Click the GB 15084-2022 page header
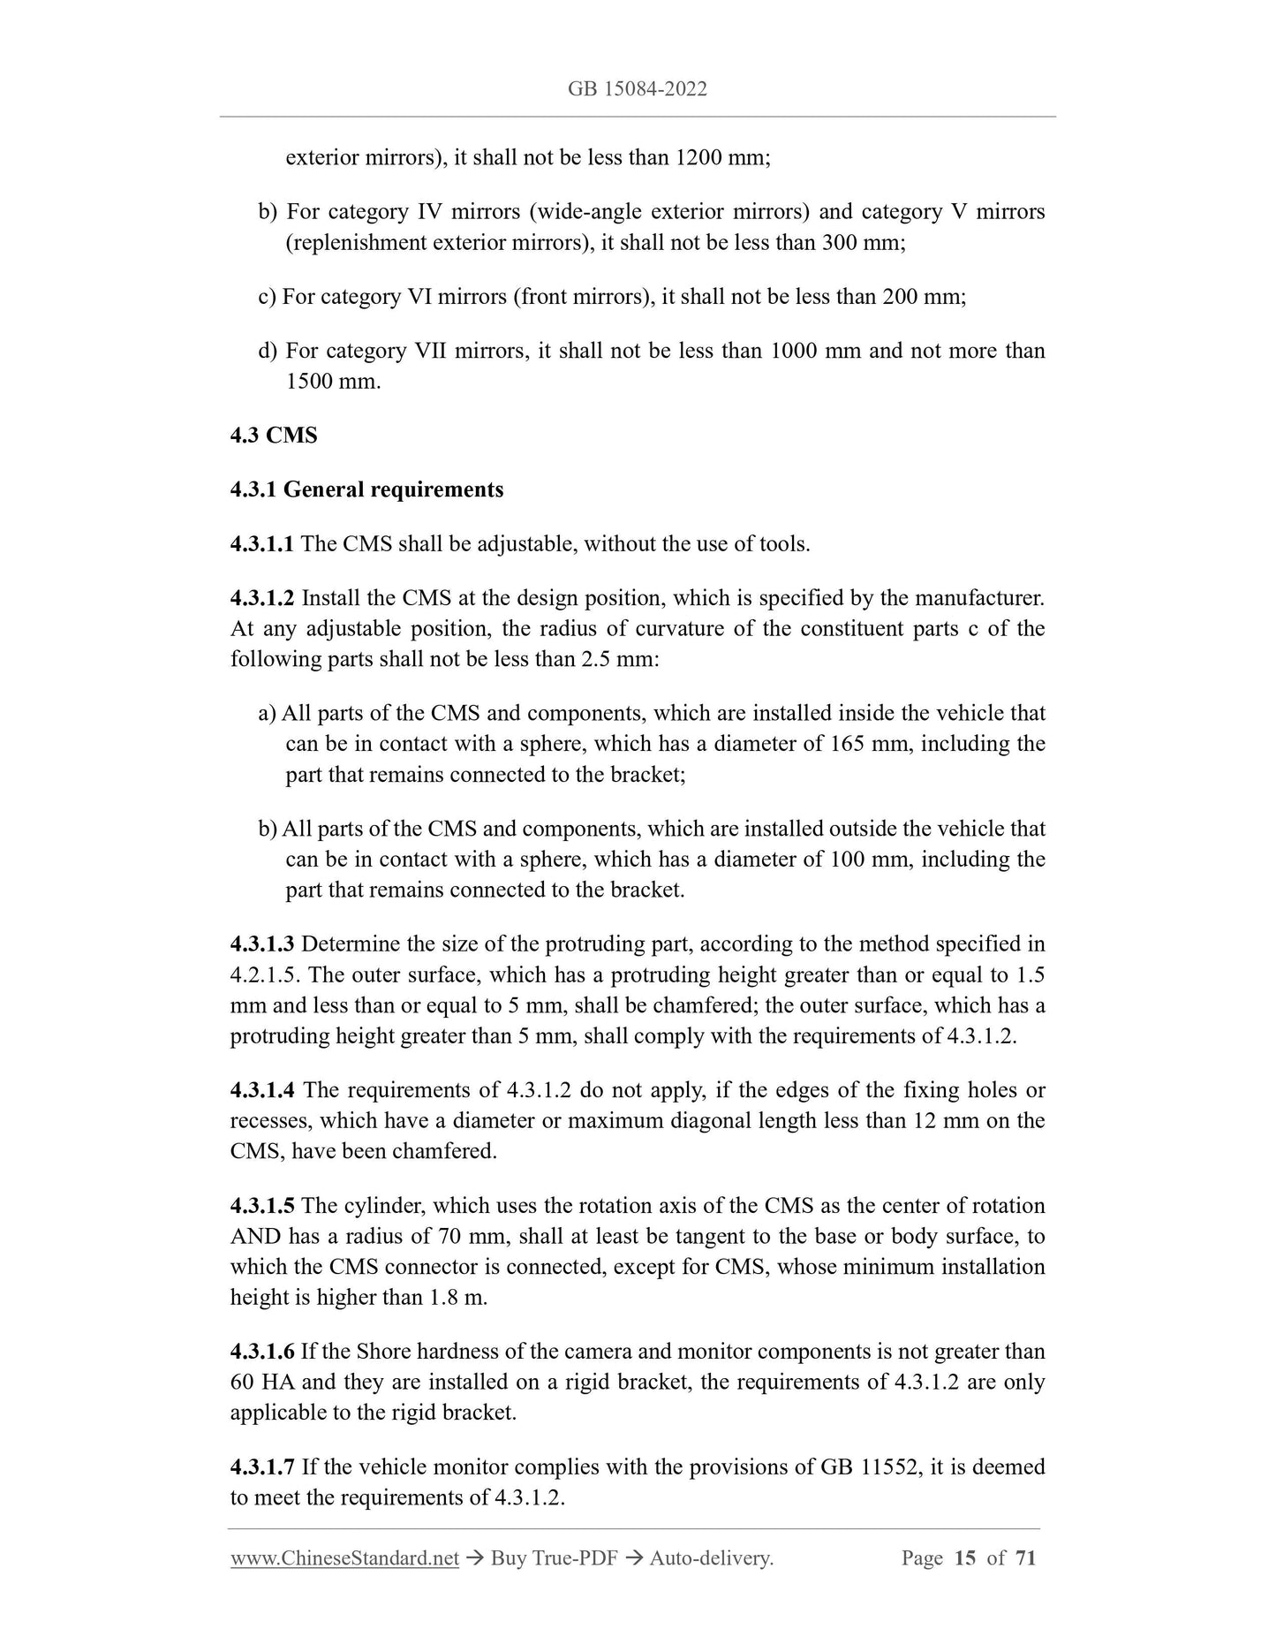[x=638, y=89]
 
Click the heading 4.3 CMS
[x=274, y=436]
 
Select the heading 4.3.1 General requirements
[x=366, y=489]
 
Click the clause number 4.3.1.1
[x=261, y=544]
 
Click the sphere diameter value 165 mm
[x=869, y=744]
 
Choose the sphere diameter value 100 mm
[x=869, y=860]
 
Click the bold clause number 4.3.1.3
[x=261, y=944]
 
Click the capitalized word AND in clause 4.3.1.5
[x=255, y=1237]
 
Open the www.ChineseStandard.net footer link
[x=344, y=1558]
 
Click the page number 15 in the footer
[x=965, y=1558]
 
